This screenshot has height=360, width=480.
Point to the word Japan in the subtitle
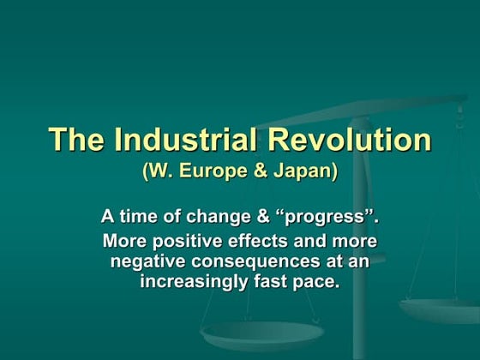[x=301, y=171]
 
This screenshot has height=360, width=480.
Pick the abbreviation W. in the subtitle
[x=159, y=171]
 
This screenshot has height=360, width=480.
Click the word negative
[x=148, y=261]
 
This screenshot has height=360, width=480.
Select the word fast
[x=272, y=281]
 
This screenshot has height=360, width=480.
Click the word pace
[x=317, y=281]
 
